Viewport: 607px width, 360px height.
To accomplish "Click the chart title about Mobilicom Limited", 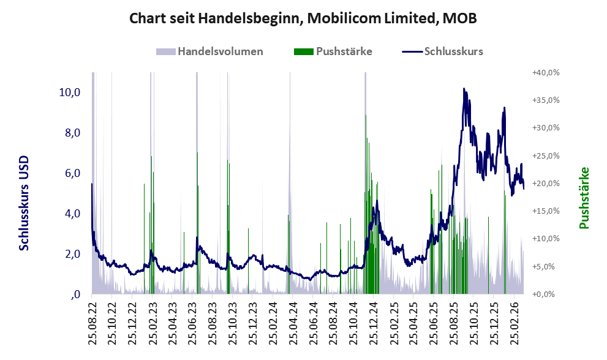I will [303, 19].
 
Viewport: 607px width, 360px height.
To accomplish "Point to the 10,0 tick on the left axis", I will [69, 92].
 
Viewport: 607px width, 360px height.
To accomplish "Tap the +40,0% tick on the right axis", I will [545, 72].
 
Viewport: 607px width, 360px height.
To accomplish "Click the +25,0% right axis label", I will [545, 156].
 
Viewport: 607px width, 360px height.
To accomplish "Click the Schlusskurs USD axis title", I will [25, 203].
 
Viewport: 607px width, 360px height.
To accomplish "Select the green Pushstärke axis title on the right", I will [584, 198].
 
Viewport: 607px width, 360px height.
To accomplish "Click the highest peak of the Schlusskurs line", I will [464, 89].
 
